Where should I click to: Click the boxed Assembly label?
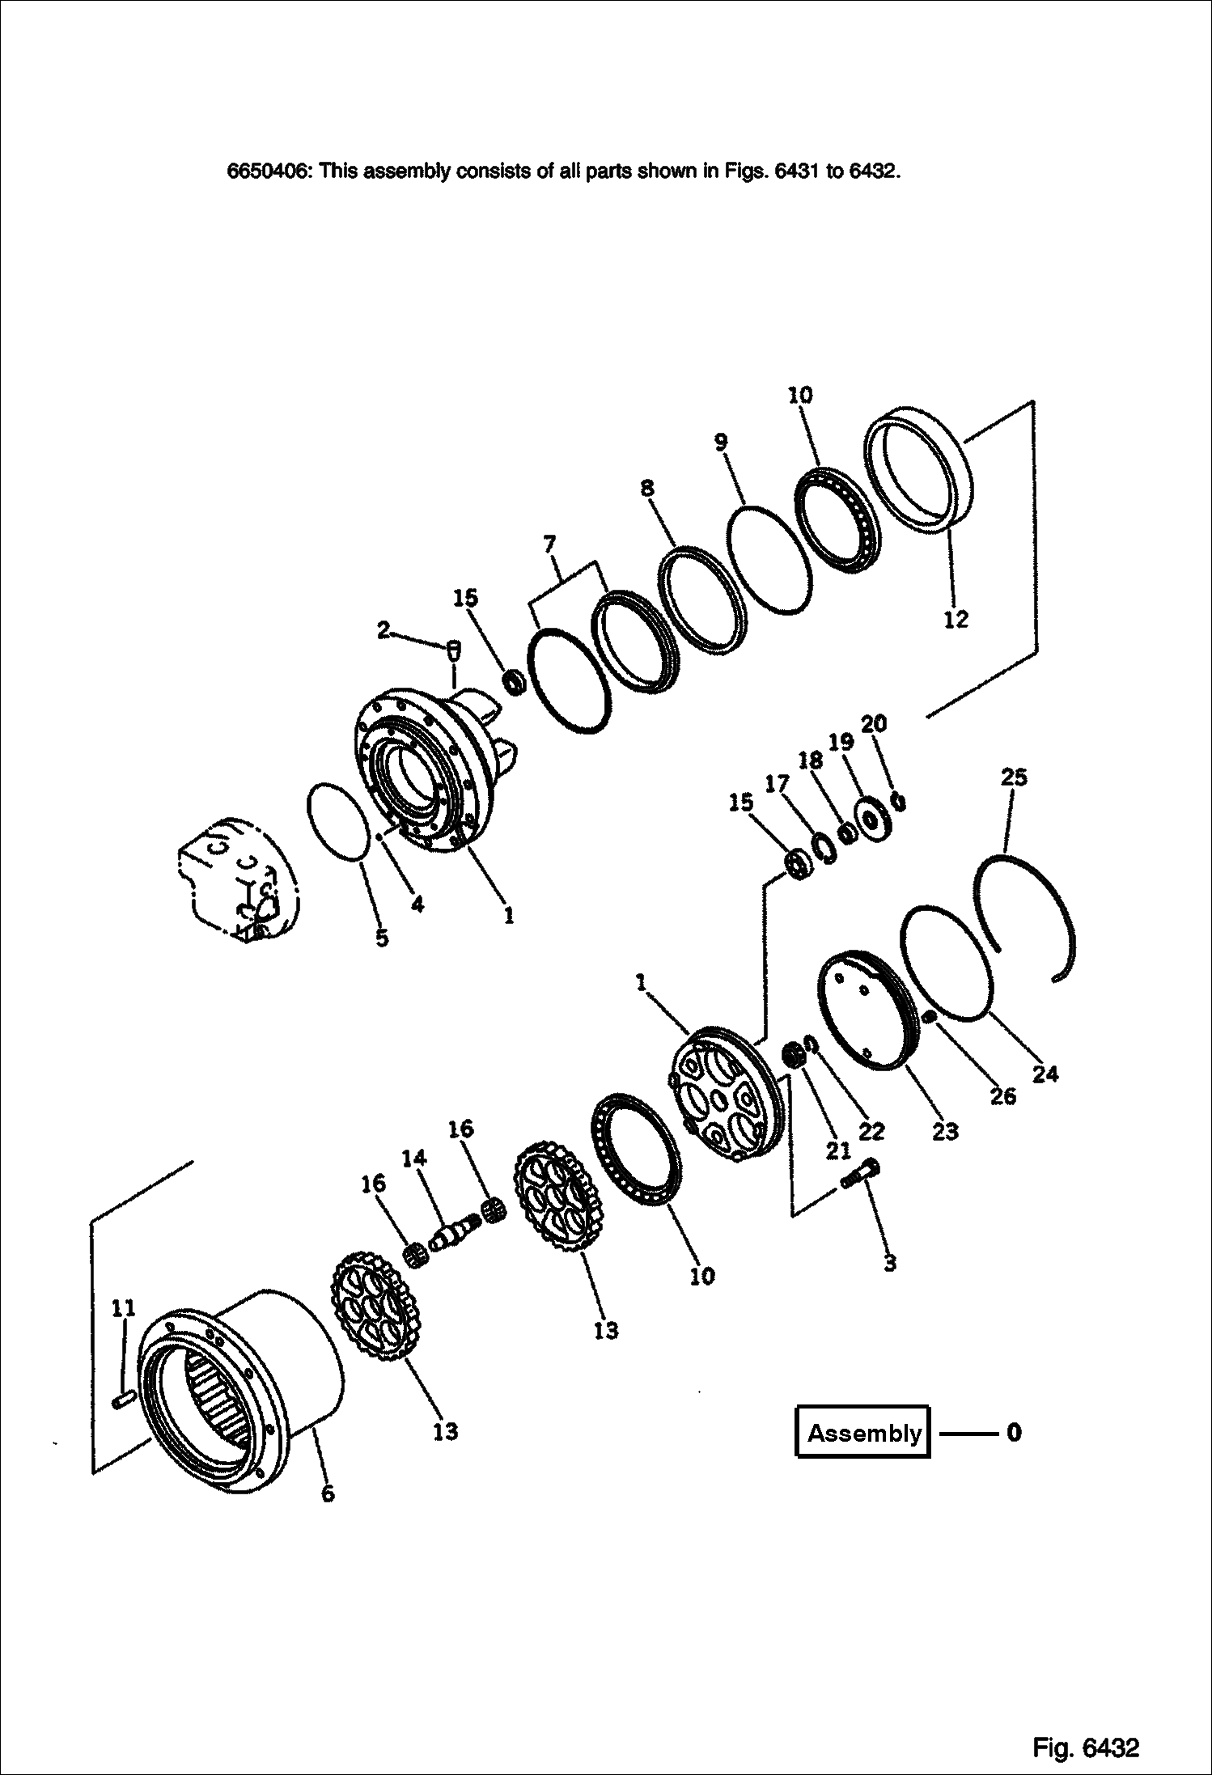862,1434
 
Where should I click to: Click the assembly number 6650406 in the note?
268,172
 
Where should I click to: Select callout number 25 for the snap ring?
1013,777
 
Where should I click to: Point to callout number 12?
956,620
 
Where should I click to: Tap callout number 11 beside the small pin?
123,1307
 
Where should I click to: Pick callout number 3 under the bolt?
889,1264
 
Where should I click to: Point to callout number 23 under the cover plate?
944,1131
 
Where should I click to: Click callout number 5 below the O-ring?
381,938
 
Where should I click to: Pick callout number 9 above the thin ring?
720,443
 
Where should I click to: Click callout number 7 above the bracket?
549,544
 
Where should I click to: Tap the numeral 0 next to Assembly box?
1013,1434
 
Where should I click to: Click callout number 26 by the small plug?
1002,1097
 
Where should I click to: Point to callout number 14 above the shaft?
413,1159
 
